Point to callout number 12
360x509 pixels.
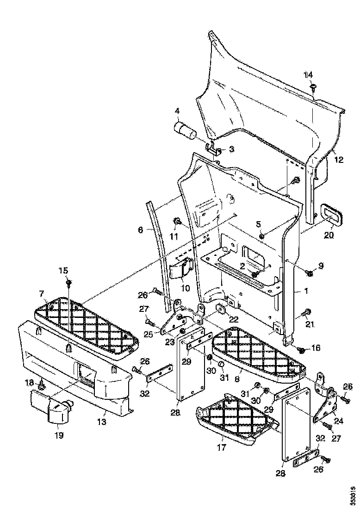click(339, 160)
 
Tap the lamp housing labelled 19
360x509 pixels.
click(56, 407)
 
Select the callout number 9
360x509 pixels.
click(321, 266)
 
